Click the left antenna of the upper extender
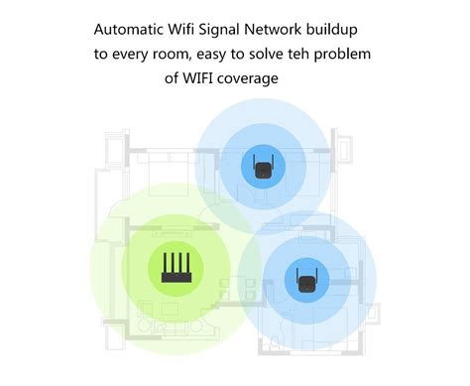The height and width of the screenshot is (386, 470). click(x=255, y=161)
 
